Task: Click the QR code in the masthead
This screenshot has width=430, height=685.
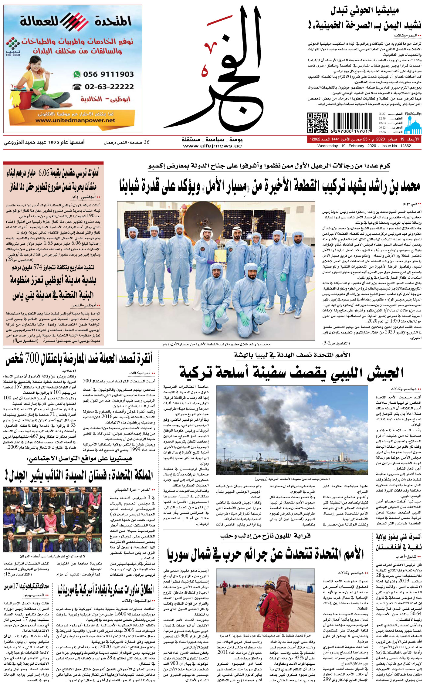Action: point(317,123)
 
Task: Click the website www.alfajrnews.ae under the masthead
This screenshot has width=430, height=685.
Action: point(212,146)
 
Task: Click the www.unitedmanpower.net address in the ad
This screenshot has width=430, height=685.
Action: point(75,120)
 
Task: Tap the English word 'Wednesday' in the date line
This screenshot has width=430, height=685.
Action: point(327,146)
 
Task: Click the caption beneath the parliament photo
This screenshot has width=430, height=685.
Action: point(52,556)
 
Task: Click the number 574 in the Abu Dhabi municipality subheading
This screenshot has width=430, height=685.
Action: point(37,267)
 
